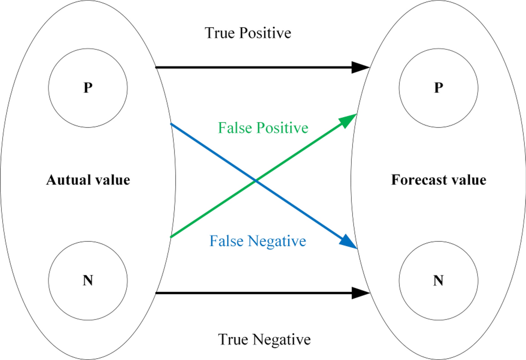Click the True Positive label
pyautogui.click(x=248, y=33)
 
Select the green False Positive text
pyautogui.click(x=263, y=128)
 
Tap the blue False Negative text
pyautogui.click(x=258, y=241)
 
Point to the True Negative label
pyautogui.click(x=264, y=340)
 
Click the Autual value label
pyautogui.click(x=88, y=180)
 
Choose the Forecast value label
pyautogui.click(x=439, y=180)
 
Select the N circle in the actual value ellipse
pyautogui.click(x=88, y=281)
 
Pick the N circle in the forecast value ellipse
pyautogui.click(x=439, y=281)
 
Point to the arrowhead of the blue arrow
pyautogui.click(x=349, y=243)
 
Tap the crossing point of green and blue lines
pyautogui.click(x=255, y=181)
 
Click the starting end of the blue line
pyautogui.click(x=172, y=124)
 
